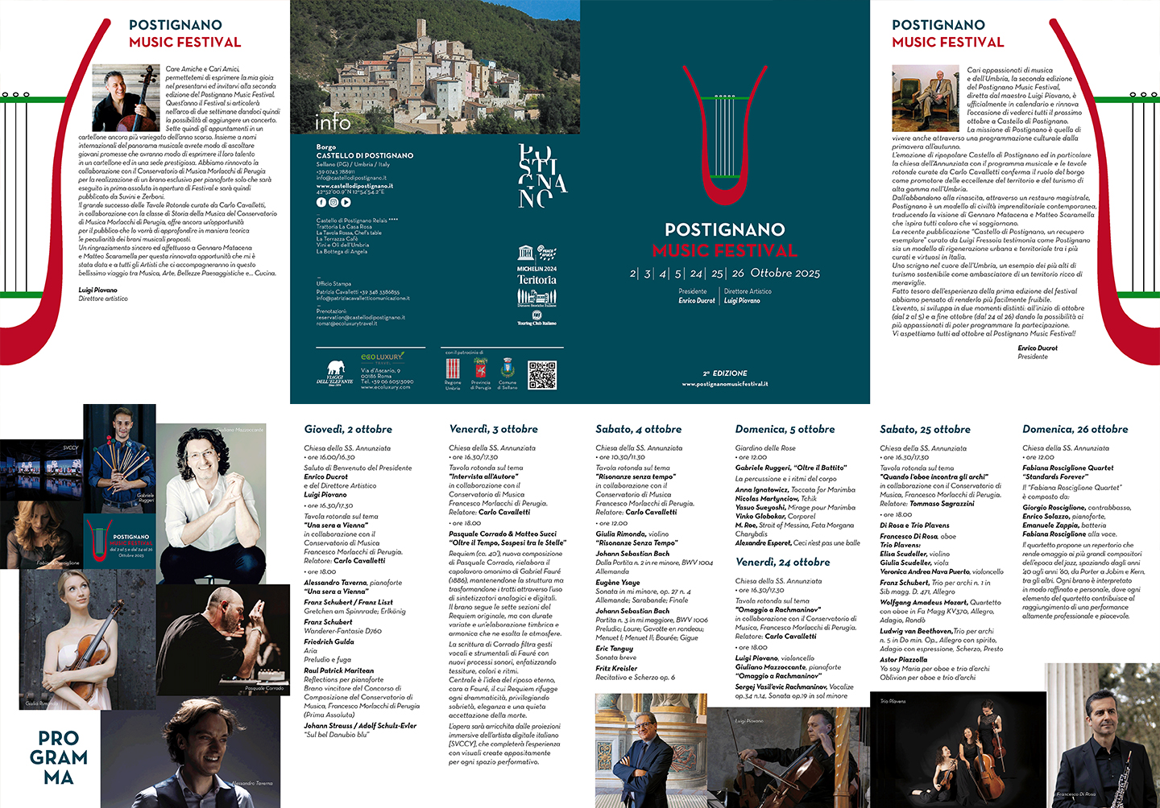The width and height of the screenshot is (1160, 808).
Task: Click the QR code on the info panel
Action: click(542, 375)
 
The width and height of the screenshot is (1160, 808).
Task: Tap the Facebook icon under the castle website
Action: click(321, 203)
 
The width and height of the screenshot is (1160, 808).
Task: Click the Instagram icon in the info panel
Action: click(333, 203)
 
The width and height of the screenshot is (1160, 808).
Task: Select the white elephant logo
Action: click(334, 371)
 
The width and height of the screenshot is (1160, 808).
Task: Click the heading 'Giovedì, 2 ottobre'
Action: click(348, 430)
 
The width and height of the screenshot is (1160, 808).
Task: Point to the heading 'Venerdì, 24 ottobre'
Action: click(782, 563)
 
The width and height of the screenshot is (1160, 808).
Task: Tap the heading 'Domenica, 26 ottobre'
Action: click(1075, 430)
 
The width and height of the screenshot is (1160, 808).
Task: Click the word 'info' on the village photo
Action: click(333, 122)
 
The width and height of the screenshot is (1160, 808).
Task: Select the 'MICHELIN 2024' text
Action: click(536, 269)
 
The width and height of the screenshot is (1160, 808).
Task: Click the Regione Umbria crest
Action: click(453, 369)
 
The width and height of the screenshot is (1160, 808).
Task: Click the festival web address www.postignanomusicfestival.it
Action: click(725, 385)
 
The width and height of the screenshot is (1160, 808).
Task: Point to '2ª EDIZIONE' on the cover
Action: click(725, 373)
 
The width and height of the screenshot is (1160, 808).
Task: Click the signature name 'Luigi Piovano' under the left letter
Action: click(97, 290)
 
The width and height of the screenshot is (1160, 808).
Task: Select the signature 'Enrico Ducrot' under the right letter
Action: click(1038, 348)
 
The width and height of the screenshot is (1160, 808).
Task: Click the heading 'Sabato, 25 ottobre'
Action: click(925, 430)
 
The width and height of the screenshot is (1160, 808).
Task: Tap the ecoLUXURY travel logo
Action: click(382, 357)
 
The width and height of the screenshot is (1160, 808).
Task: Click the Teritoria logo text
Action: click(536, 280)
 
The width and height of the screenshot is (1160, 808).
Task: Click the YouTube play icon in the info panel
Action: click(346, 203)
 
